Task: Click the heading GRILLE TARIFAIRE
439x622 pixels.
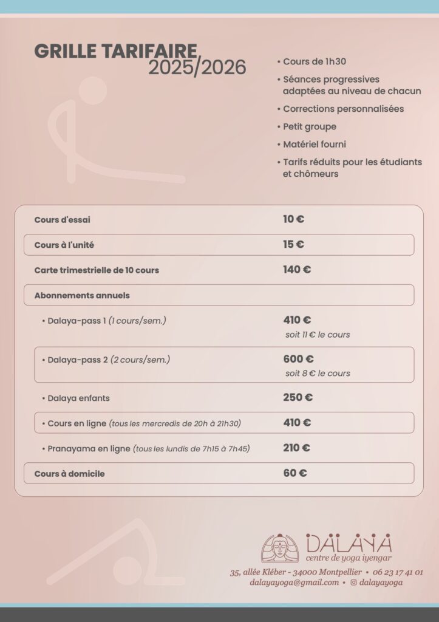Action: (115, 51)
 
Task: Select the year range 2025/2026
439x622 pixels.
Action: (197, 67)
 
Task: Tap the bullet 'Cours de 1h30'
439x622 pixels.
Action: (314, 61)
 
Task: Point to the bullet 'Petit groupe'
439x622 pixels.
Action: (309, 126)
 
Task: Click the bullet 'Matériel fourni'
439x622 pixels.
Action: (314, 145)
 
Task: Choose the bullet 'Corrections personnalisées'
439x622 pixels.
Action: (343, 109)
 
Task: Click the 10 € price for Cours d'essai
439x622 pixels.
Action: (293, 219)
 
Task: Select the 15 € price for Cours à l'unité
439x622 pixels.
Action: (293, 244)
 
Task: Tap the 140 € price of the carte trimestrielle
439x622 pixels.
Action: (297, 270)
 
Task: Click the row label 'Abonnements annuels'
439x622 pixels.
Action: (82, 295)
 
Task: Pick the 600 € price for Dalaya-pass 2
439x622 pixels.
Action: (298, 359)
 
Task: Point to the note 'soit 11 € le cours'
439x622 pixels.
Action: (318, 335)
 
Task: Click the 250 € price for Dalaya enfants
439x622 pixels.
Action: (298, 398)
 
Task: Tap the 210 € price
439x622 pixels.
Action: (296, 448)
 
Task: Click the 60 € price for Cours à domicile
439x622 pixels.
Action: (294, 473)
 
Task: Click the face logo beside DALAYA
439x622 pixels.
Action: (280, 548)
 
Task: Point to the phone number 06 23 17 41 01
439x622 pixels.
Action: (398, 572)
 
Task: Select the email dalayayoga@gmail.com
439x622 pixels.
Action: (294, 583)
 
